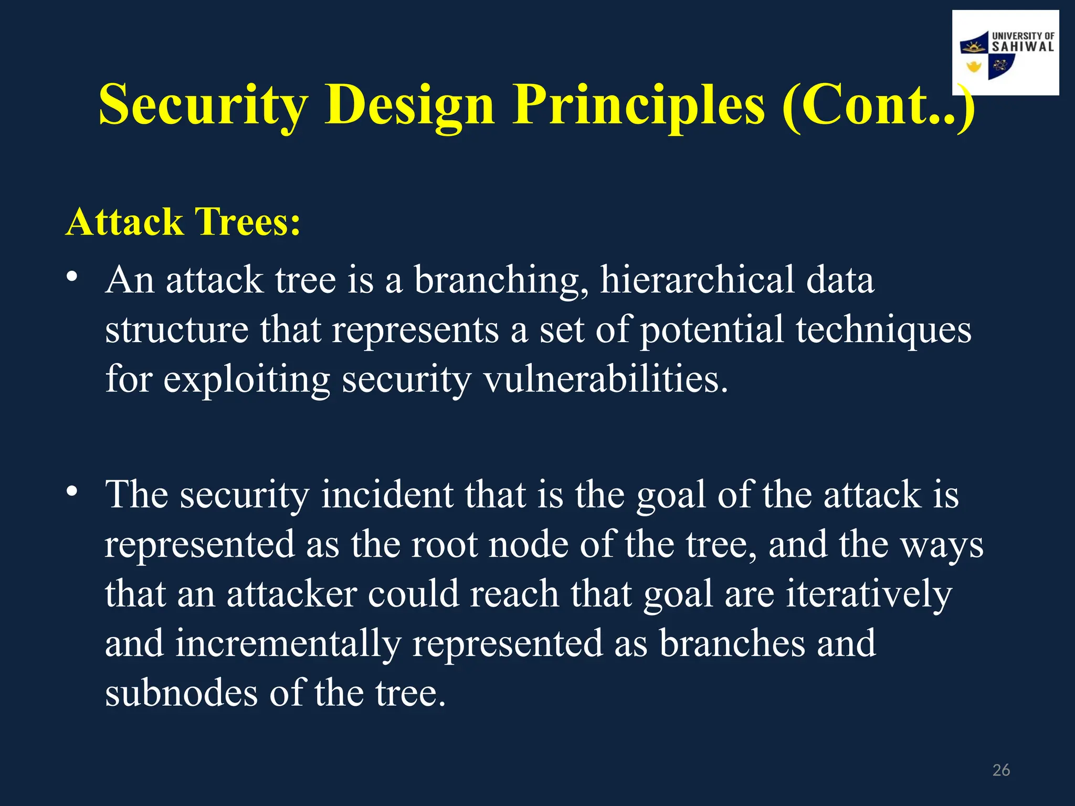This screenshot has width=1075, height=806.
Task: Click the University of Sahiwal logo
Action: coord(1005,53)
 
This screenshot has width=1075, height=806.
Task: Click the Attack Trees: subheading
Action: coord(183,222)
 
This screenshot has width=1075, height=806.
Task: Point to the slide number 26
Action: coord(1001,770)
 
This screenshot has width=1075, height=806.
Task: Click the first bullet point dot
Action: coord(72,277)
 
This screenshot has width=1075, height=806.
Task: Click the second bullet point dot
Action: coord(72,491)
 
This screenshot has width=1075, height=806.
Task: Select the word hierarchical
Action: coord(698,280)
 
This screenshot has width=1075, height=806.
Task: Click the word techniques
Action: coord(883,330)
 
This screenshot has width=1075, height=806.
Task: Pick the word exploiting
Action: coord(246,379)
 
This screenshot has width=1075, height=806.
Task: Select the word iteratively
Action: coord(869,594)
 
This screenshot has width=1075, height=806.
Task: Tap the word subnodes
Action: coord(182,693)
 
